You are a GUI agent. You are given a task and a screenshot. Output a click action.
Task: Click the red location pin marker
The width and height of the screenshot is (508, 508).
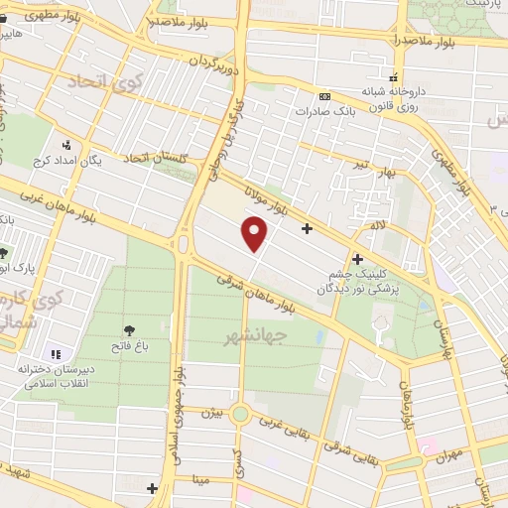click(x=256, y=234)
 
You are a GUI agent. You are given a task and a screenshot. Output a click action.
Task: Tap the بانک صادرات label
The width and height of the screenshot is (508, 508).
click(x=323, y=111)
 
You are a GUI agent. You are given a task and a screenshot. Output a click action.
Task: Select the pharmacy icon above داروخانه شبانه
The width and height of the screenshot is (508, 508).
click(x=394, y=77)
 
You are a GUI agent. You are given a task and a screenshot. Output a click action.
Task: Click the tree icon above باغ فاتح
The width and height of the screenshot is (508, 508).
click(x=129, y=330)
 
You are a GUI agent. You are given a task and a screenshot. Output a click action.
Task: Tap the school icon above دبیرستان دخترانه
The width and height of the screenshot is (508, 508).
click(x=56, y=354)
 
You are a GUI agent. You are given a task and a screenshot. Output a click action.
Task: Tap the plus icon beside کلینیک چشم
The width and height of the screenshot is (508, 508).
click(x=357, y=259)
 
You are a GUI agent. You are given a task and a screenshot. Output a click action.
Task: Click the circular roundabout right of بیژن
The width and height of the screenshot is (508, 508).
click(x=240, y=414)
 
